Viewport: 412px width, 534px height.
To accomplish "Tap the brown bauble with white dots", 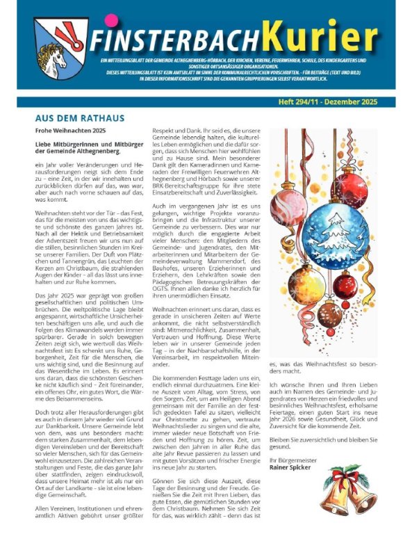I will pyautogui.click(x=329, y=315).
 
